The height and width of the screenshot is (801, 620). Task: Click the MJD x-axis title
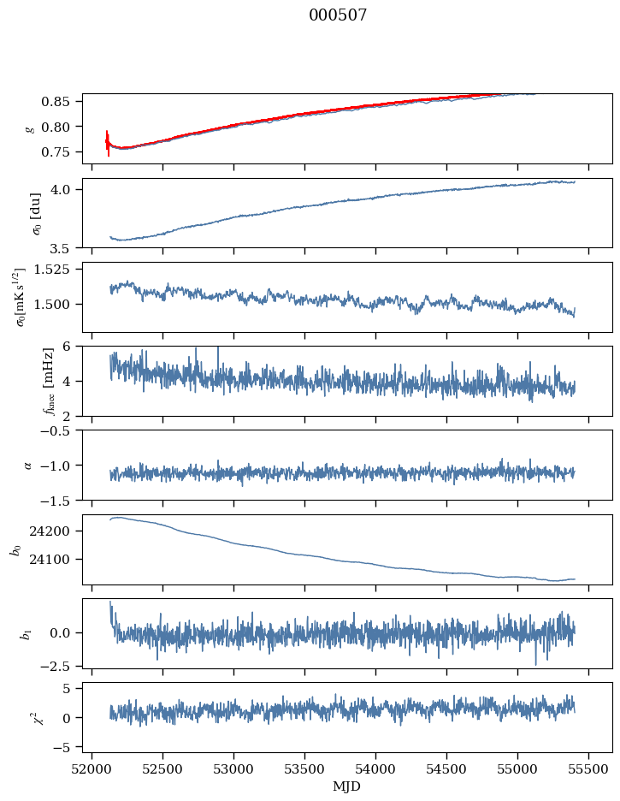[346, 786]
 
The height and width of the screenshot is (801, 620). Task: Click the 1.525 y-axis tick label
[58, 270]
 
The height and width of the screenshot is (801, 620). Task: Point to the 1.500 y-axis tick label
[58, 304]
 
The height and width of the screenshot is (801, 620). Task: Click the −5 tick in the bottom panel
[67, 747]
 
